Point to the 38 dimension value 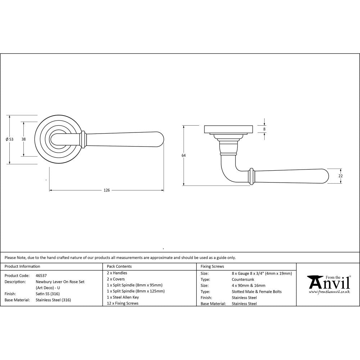click(23, 139)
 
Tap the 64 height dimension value click(184, 156)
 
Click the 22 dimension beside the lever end click(341, 176)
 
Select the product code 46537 click(41, 275)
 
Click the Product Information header click(22, 266)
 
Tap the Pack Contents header click(119, 266)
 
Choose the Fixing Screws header click(212, 266)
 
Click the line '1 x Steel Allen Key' click(123, 297)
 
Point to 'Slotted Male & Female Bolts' click(257, 292)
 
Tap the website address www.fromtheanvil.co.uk click(329, 292)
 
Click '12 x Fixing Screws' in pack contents click(122, 303)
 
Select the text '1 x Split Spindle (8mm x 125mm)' click(136, 291)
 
